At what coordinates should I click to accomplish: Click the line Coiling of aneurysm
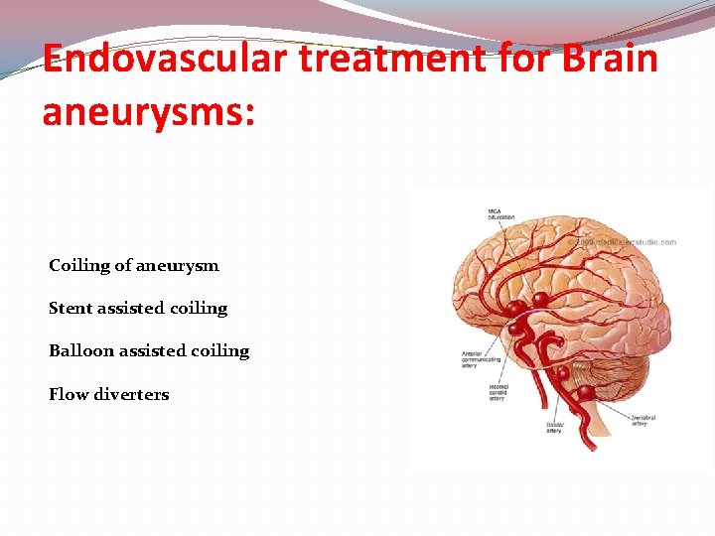tap(134, 266)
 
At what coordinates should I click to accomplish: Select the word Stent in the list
tap(70, 309)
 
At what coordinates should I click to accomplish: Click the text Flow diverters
tap(109, 395)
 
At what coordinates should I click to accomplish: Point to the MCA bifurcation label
tap(500, 213)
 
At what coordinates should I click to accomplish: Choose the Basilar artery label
tap(553, 428)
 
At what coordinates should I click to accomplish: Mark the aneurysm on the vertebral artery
tap(586, 392)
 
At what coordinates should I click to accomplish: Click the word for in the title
tap(521, 60)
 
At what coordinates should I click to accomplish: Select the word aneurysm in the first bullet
tap(180, 266)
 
